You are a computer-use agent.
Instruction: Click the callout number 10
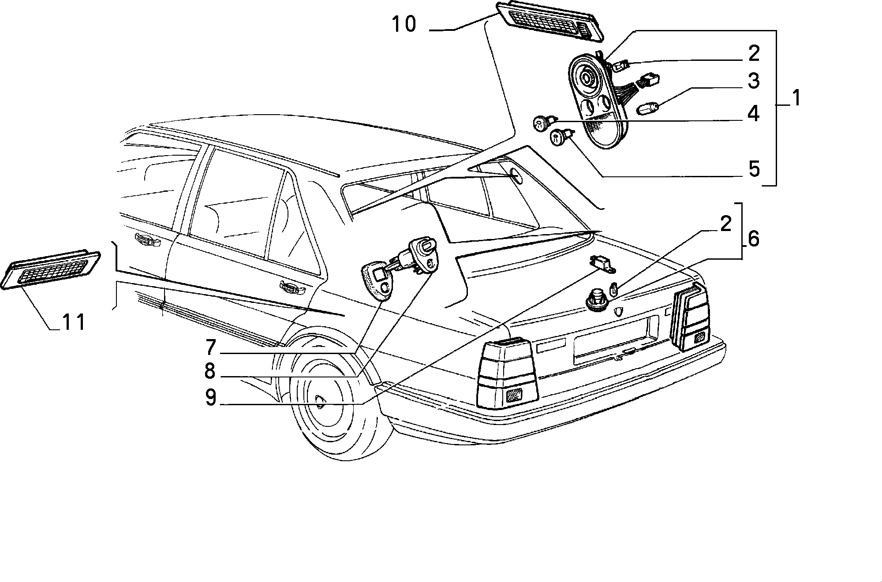tap(404, 24)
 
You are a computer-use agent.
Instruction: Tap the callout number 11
tap(73, 323)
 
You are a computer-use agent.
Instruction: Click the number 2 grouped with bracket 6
tap(726, 224)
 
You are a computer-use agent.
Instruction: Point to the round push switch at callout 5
tap(558, 137)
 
